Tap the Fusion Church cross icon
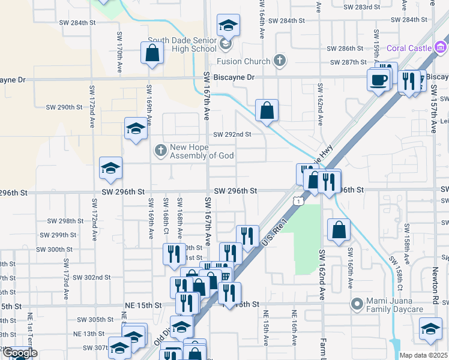pyautogui.click(x=279, y=61)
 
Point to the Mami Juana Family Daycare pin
pyautogui.click(x=357, y=305)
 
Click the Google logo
pyautogui.click(x=19, y=353)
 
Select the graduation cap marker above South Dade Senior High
pyautogui.click(x=228, y=25)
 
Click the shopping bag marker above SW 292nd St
pyautogui.click(x=267, y=110)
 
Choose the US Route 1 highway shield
pyautogui.click(x=298, y=202)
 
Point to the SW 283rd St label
pyautogui.click(x=366, y=7)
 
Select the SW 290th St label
pyautogui.click(x=64, y=107)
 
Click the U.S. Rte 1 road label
pyautogui.click(x=271, y=233)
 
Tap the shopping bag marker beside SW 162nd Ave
pyautogui.click(x=339, y=230)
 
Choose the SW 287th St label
pyautogui.click(x=351, y=62)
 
